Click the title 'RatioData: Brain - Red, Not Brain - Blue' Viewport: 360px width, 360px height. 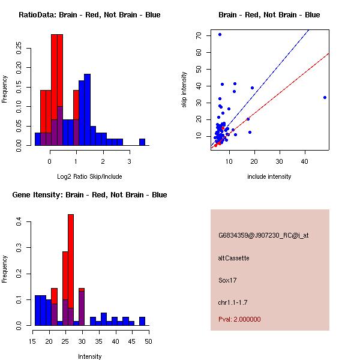tap(89, 15)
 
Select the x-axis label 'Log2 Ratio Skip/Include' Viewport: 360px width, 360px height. tap(89, 176)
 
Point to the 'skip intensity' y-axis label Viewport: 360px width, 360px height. tap(184, 90)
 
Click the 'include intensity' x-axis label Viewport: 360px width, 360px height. tap(269, 176)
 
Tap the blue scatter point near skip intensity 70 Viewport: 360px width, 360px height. tap(220, 34)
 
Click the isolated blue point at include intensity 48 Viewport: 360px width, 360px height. tap(325, 97)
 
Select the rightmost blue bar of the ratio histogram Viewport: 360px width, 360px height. tap(142, 142)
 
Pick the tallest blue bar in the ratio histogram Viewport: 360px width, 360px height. tap(87, 109)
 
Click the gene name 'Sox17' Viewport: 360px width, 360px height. tap(226, 280)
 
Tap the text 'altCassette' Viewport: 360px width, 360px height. tap(234, 258)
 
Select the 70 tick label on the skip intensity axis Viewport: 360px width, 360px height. tap(199, 35)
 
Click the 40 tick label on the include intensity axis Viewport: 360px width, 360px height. tap(305, 160)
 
